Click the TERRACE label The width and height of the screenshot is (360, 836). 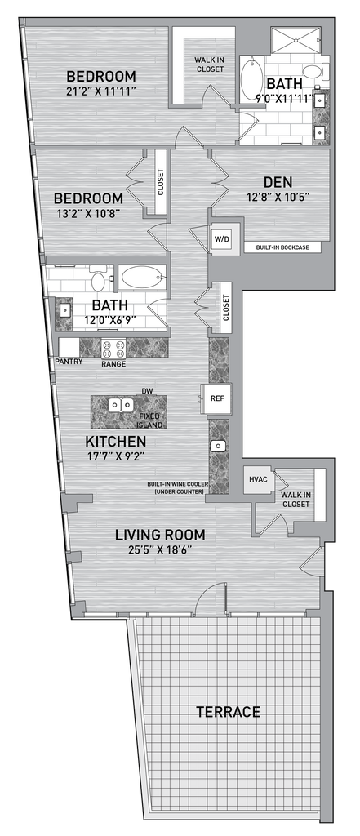tap(228, 711)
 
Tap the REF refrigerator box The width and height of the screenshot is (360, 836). tap(216, 398)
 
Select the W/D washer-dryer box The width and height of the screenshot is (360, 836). tap(222, 239)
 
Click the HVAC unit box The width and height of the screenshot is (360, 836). tap(258, 478)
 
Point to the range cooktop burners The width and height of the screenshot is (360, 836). tap(113, 349)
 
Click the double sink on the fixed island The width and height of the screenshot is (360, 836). tap(121, 407)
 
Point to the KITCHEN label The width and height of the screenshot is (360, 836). tap(116, 442)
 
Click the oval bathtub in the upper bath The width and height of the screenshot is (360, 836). tap(250, 80)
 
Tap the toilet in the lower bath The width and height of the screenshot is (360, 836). tap(98, 279)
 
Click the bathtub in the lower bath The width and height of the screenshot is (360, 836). tap(140, 278)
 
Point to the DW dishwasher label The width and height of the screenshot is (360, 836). tap(148, 391)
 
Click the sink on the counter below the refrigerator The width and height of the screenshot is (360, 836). tap(218, 446)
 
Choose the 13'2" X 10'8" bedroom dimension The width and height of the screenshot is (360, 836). tap(88, 214)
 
